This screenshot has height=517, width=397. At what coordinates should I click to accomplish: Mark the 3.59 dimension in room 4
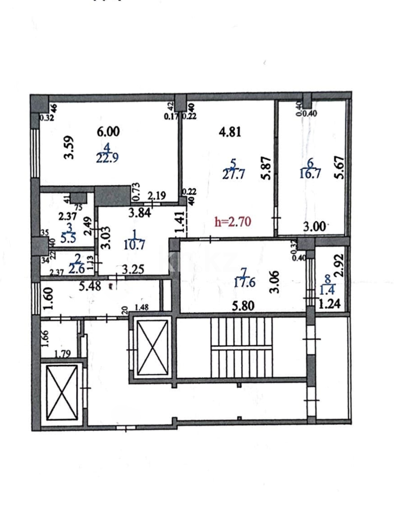pyautogui.click(x=70, y=148)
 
